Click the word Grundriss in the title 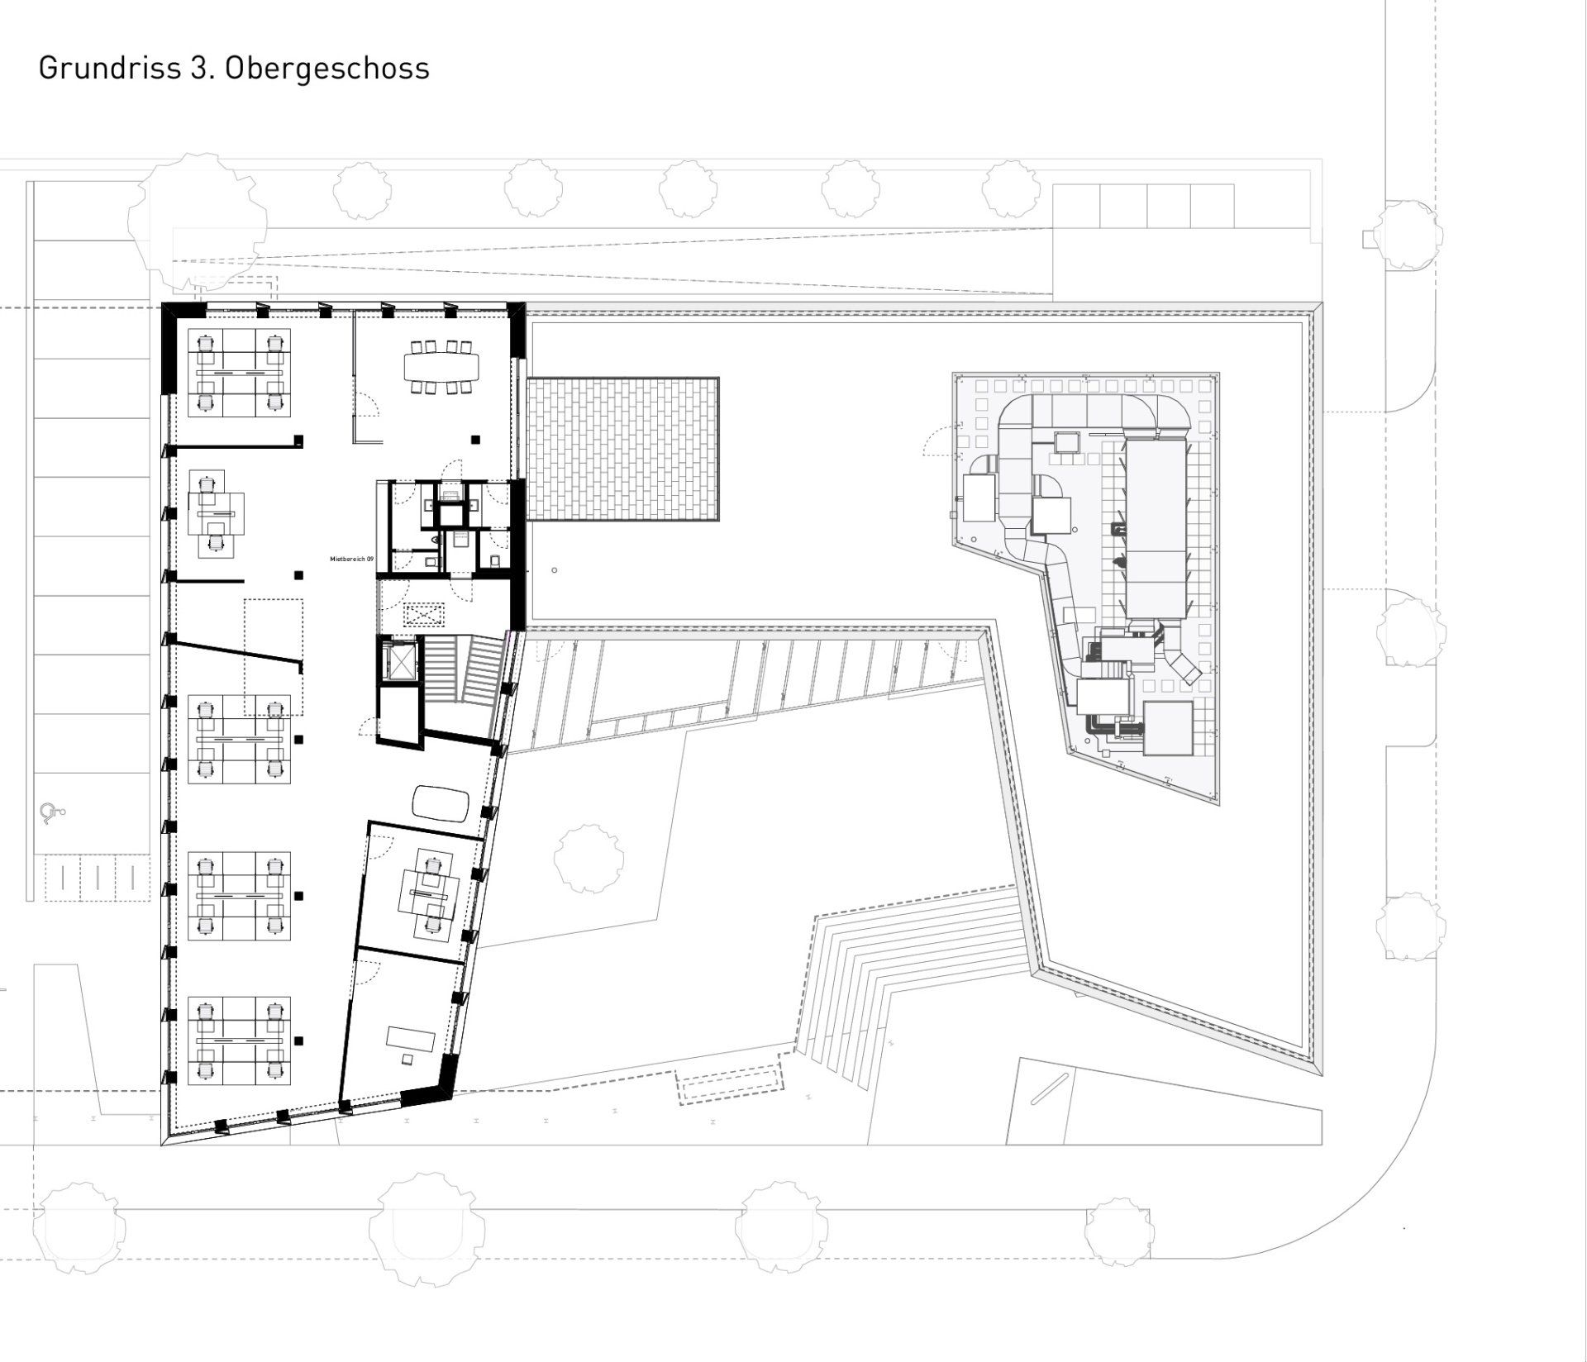coord(105,68)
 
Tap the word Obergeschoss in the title coord(326,68)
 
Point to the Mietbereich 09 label coord(351,560)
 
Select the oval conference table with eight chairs coord(441,366)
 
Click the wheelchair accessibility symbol coord(51,814)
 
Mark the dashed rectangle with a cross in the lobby coord(423,616)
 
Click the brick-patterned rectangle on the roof coord(622,450)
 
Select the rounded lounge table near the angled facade coord(441,803)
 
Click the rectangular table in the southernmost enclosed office coord(410,1038)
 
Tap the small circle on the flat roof coord(555,570)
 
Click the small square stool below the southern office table coord(407,1059)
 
